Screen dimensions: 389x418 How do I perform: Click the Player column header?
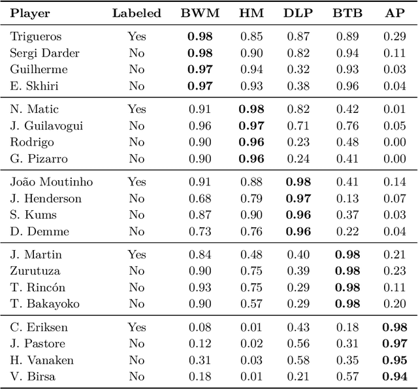coord(30,13)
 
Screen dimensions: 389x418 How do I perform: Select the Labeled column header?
coord(137,13)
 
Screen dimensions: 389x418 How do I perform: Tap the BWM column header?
coord(201,13)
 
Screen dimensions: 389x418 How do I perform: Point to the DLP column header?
coord(298,13)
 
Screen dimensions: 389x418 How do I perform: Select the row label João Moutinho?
coord(51,182)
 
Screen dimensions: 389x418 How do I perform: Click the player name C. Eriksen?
coord(39,328)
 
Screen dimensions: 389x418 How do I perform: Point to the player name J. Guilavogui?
coord(46,126)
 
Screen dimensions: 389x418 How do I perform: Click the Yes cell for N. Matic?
coord(137,110)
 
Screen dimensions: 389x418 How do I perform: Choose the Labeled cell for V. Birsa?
coord(137,376)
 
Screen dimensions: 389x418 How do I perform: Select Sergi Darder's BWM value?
coord(201,53)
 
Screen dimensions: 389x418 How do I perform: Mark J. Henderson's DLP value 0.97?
coord(298,198)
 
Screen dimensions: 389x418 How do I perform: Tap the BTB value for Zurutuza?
coord(346,271)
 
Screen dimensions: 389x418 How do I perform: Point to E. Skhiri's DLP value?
coord(298,86)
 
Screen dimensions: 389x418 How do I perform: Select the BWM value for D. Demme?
coord(201,231)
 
